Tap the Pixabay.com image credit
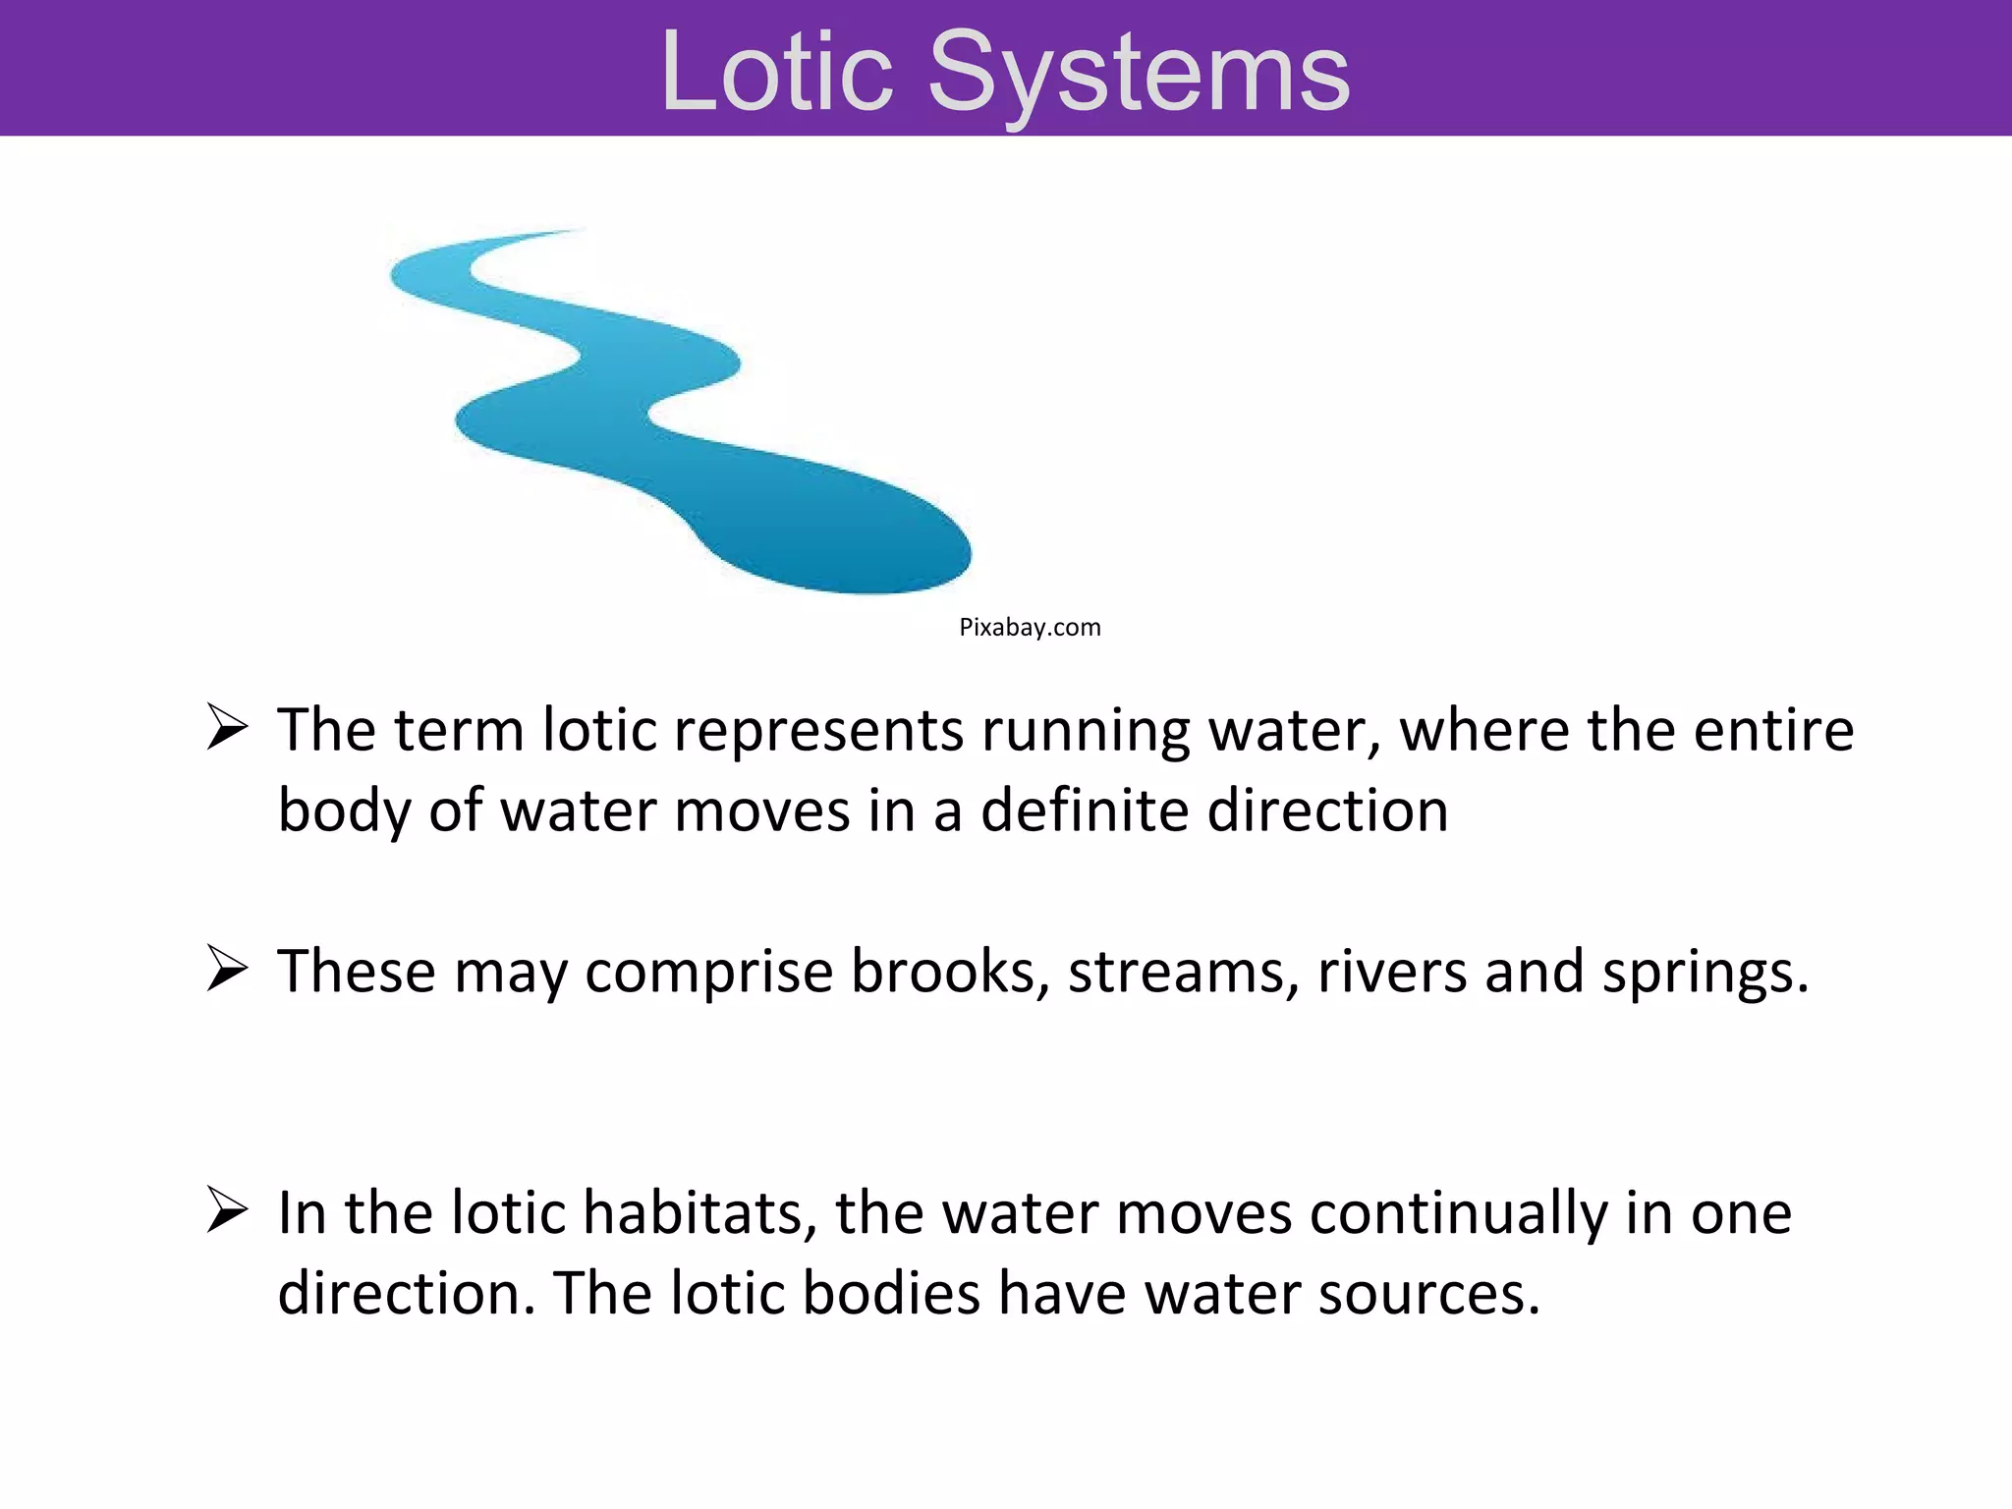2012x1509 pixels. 1030,628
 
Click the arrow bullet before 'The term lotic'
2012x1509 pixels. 227,729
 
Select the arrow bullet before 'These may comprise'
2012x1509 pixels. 227,970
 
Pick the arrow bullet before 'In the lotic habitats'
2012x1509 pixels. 227,1210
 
